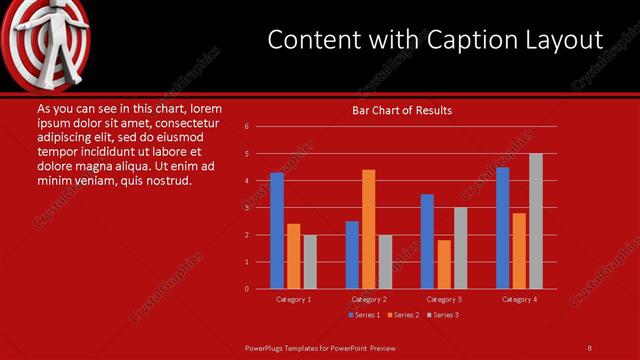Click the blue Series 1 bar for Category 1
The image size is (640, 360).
pyautogui.click(x=277, y=231)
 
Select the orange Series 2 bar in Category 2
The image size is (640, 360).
pyautogui.click(x=369, y=229)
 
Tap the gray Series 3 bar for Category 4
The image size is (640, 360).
pyautogui.click(x=536, y=221)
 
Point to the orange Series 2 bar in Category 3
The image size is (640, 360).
pyautogui.click(x=444, y=264)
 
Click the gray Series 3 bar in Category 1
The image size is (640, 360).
pyautogui.click(x=310, y=262)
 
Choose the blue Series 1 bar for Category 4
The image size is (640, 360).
pyautogui.click(x=502, y=228)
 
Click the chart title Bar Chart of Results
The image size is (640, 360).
pyautogui.click(x=402, y=110)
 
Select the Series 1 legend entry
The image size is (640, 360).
pyautogui.click(x=364, y=315)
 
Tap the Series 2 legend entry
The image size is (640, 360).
pyautogui.click(x=402, y=315)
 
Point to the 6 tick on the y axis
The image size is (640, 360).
pyautogui.click(x=246, y=127)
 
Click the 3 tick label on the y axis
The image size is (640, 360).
pyautogui.click(x=246, y=208)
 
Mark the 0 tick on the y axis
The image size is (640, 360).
pyautogui.click(x=246, y=289)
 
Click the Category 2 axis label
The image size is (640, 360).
pyautogui.click(x=369, y=299)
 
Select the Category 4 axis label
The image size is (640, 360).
pyautogui.click(x=519, y=299)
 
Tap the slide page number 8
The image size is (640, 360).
pyautogui.click(x=590, y=347)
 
